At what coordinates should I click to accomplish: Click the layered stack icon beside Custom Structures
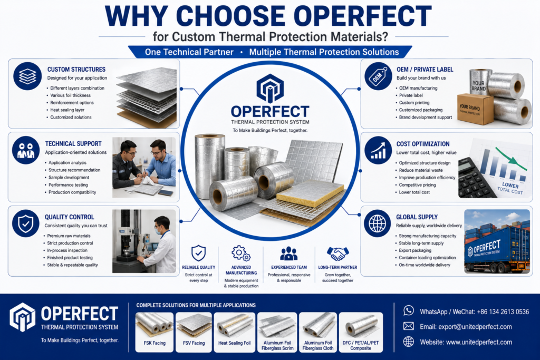(x=27, y=76)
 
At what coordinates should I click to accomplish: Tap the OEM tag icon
(x=378, y=76)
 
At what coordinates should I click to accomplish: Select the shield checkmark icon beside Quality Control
(x=26, y=223)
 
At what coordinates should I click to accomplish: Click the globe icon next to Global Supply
(x=378, y=223)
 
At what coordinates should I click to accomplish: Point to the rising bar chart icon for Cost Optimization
(x=378, y=150)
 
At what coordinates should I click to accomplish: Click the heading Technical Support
(x=73, y=143)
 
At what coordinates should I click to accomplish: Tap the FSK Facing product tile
(x=155, y=332)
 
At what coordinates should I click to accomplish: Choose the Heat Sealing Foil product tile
(x=234, y=332)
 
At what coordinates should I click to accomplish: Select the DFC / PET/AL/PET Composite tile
(x=361, y=332)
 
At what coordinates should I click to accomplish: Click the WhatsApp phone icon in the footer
(x=409, y=311)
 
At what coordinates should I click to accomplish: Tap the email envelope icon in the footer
(x=409, y=326)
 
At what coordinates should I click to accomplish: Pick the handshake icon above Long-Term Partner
(x=338, y=254)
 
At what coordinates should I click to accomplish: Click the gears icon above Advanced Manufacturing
(x=241, y=254)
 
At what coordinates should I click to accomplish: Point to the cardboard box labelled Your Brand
(x=475, y=109)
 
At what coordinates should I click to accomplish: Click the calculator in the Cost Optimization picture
(x=477, y=178)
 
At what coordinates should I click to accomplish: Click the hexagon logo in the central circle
(x=270, y=89)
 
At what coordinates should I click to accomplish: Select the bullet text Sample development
(x=69, y=177)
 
